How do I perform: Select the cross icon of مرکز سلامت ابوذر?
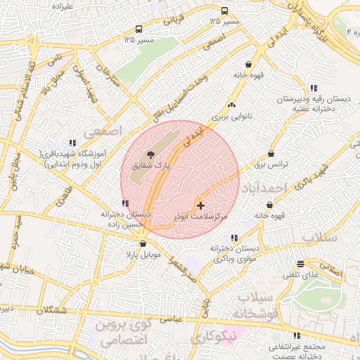click(202, 205)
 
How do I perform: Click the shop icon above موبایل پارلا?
click(143, 244)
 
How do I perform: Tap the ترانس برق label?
click(266, 165)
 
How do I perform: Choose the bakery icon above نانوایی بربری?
click(232, 104)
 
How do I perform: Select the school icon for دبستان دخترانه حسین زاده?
click(125, 204)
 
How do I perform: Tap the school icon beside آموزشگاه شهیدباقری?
click(73, 143)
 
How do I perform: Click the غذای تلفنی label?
click(302, 275)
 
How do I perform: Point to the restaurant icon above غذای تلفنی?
click(301, 264)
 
